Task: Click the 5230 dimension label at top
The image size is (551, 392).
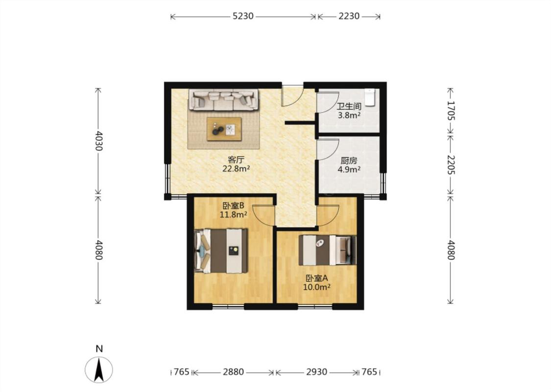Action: coord(243,16)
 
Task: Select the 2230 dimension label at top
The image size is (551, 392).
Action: coord(349,16)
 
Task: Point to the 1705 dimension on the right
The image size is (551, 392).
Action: coord(451,110)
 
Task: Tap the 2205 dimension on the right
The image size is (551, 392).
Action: coord(451,165)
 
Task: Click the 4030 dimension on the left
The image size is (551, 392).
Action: coord(99,141)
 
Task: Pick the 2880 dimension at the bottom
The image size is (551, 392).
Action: coord(233,371)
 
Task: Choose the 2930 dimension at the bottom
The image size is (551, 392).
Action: coord(316,371)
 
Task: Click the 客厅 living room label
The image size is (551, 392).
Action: coord(236,160)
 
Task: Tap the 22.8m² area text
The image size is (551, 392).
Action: coord(236,169)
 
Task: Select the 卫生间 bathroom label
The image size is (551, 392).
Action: coord(349,106)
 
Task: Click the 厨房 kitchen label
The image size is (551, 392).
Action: coord(349,161)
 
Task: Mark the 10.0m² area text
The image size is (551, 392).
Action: coord(316,287)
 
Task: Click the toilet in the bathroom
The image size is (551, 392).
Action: coord(370,97)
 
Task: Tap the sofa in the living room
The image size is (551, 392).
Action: coord(224,99)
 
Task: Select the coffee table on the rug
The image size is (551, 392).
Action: coord(224,129)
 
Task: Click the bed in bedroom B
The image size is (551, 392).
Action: coord(221,251)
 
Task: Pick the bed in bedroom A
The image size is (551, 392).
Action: coord(328,250)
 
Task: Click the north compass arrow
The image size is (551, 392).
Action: coord(99,369)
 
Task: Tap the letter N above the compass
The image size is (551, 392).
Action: coord(99,349)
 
